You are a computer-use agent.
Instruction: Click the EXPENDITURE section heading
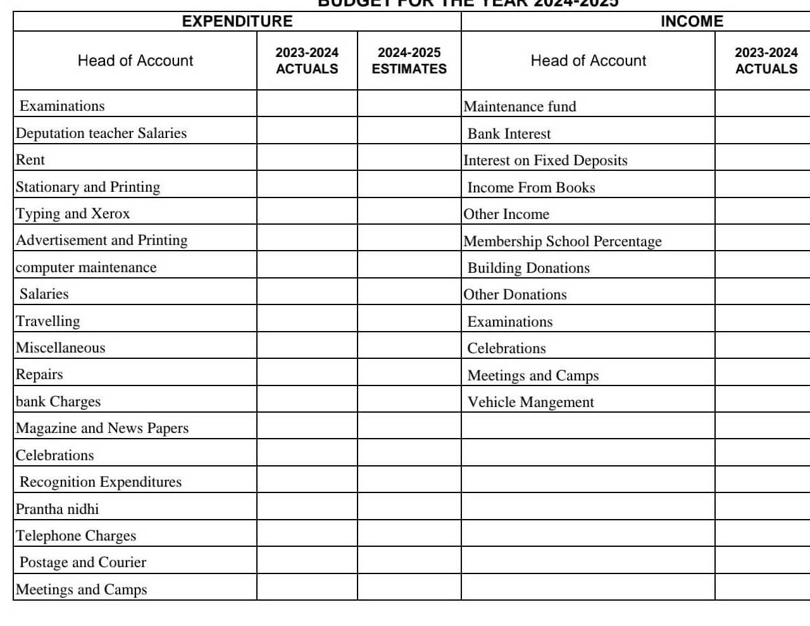(237, 22)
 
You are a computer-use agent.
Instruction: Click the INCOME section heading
(692, 22)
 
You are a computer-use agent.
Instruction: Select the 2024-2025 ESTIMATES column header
(409, 61)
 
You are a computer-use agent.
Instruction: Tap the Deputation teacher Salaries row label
(101, 133)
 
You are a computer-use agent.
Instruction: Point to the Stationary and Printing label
(88, 187)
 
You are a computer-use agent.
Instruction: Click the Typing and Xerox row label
(73, 213)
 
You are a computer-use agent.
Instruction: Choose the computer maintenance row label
(86, 267)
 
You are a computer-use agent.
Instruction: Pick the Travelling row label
(48, 321)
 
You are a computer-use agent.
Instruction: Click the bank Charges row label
(58, 401)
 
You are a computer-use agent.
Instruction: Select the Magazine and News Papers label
(102, 428)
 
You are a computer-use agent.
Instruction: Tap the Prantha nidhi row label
(58, 509)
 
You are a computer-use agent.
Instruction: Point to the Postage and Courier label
(83, 562)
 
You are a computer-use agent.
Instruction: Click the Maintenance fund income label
(520, 106)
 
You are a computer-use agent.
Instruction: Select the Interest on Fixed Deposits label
(545, 160)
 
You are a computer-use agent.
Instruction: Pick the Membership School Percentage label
(563, 241)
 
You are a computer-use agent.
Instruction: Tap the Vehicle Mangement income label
(530, 402)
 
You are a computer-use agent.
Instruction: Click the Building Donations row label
(528, 268)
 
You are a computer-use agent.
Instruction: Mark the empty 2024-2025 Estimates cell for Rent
(409, 160)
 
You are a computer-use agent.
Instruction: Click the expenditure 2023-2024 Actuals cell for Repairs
(307, 374)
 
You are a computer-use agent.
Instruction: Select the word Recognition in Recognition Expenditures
(56, 482)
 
